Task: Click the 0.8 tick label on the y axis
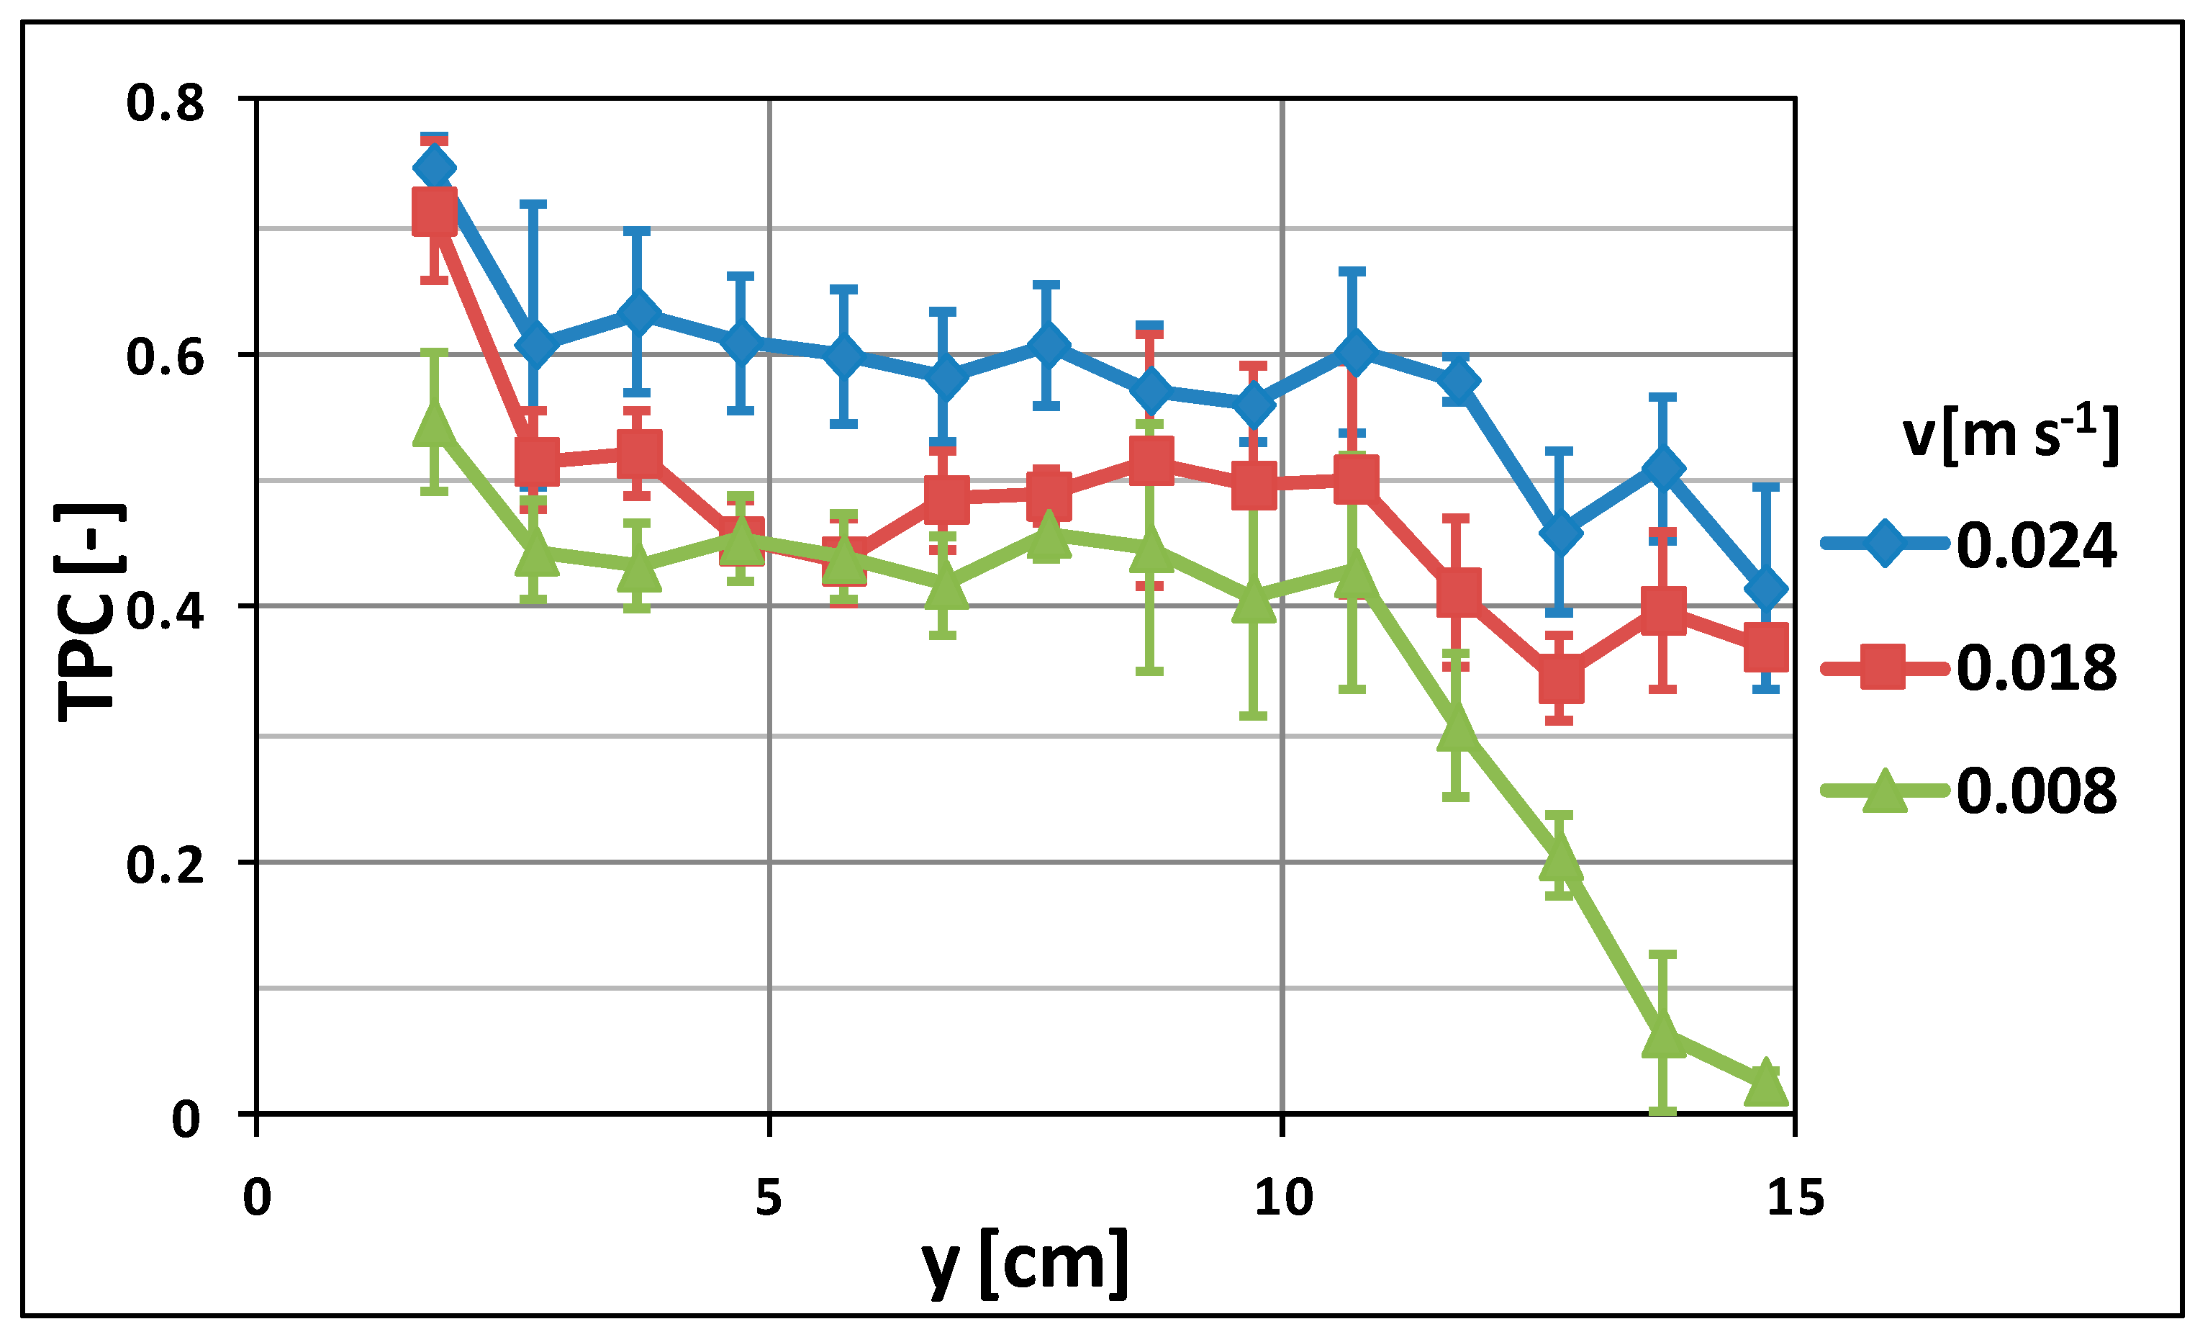click(x=166, y=103)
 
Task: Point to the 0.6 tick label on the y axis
click(x=166, y=356)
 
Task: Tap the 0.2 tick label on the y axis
click(x=166, y=865)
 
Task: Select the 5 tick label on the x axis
click(x=768, y=1197)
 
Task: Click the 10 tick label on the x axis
click(x=1283, y=1197)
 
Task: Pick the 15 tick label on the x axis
click(x=1796, y=1197)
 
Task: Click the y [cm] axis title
click(x=1025, y=1264)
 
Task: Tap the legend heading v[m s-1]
click(x=2009, y=435)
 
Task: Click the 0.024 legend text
click(x=2036, y=546)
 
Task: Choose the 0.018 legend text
click(x=2036, y=668)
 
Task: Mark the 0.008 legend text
click(x=2036, y=791)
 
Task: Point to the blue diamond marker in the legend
click(x=1884, y=543)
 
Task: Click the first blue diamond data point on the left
click(x=435, y=168)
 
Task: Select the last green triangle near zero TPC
click(x=1765, y=1084)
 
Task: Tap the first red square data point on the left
click(x=435, y=212)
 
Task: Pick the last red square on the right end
click(x=1765, y=647)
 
